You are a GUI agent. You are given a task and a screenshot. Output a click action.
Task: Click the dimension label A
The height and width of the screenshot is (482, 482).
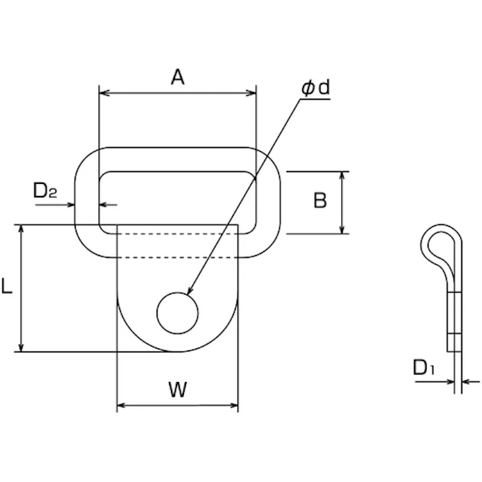click(x=177, y=77)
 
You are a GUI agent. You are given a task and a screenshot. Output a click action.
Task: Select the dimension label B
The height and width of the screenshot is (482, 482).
click(x=320, y=201)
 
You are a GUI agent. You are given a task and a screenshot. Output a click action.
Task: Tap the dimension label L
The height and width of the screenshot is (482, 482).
click(x=7, y=287)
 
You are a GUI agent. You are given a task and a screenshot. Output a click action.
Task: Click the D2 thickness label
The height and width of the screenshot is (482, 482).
click(x=45, y=192)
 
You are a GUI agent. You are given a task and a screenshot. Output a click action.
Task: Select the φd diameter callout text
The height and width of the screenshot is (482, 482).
click(x=315, y=89)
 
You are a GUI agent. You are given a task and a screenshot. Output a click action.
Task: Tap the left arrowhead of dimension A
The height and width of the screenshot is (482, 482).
click(x=103, y=93)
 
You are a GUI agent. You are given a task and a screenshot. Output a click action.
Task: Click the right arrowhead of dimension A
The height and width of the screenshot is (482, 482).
click(x=252, y=93)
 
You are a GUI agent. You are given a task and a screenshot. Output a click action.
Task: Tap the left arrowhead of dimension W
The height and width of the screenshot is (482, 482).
click(x=122, y=406)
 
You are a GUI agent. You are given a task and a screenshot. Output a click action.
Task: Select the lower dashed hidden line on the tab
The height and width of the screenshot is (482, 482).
click(x=178, y=258)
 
